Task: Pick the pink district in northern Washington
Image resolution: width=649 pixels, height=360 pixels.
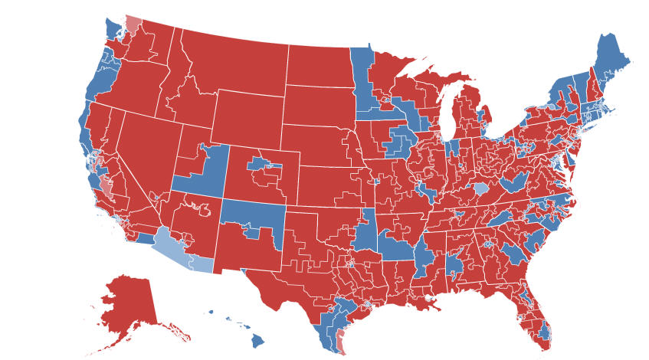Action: coord(133,25)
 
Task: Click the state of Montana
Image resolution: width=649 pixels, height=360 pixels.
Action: coord(230,65)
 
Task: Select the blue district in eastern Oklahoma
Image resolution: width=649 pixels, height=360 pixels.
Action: coord(368,230)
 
